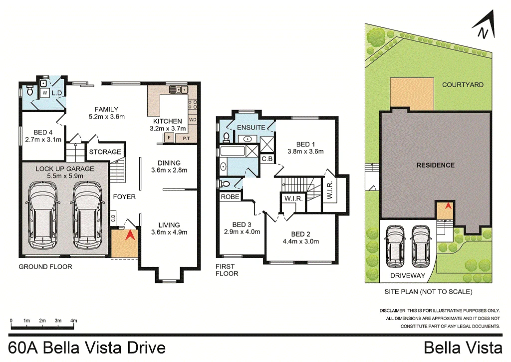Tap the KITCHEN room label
click(168, 121)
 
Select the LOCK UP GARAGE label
click(65, 169)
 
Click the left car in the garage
click(43, 215)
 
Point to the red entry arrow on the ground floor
click(130, 235)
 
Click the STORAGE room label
click(105, 152)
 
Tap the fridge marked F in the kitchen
click(169, 138)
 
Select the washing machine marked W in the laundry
click(45, 93)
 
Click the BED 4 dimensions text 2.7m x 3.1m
click(43, 139)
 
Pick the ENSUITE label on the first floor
click(251, 127)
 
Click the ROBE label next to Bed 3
click(230, 197)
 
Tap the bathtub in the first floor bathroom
click(233, 151)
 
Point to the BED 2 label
click(300, 234)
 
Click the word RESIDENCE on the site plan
click(435, 165)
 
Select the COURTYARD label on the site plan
click(463, 84)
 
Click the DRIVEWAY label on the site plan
click(408, 275)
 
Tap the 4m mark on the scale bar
click(74, 320)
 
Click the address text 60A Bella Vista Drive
click(87, 348)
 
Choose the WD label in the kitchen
click(193, 119)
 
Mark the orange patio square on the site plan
click(412, 94)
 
